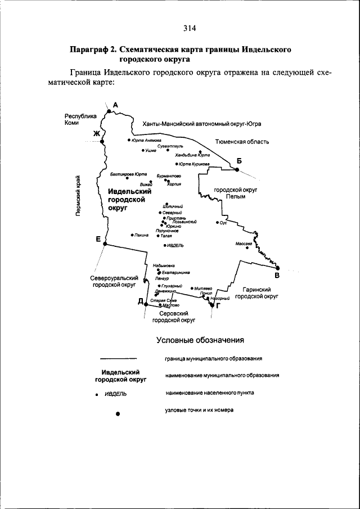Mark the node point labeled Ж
tap(102, 141)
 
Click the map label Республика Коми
tap(77, 119)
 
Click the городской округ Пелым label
tap(235, 194)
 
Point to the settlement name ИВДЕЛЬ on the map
tap(175, 246)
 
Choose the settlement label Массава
tap(244, 244)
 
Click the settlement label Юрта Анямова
tap(146, 140)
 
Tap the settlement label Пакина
tap(141, 235)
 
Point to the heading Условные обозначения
tap(200, 340)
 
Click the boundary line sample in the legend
tap(118, 358)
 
